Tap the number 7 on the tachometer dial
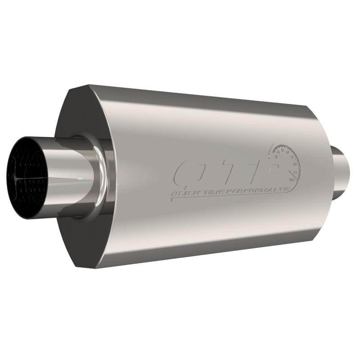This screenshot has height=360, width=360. (292, 158)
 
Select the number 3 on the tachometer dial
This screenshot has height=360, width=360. (275, 156)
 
